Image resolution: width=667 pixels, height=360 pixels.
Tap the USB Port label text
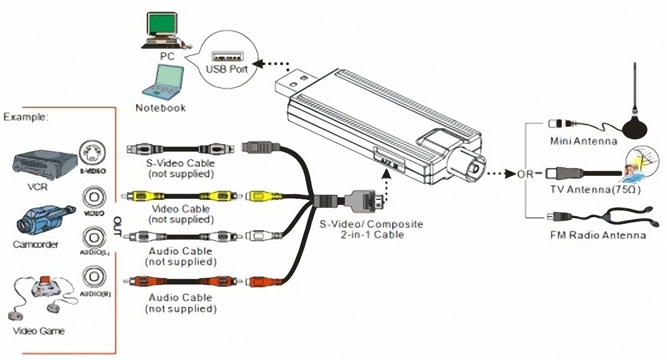[x=227, y=71]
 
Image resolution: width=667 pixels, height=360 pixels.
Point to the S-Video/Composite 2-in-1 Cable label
[x=371, y=229]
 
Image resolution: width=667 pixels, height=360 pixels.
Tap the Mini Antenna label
[x=583, y=141]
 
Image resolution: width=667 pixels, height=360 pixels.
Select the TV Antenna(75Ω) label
[x=595, y=190]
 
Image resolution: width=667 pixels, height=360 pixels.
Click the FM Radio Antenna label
[x=598, y=235]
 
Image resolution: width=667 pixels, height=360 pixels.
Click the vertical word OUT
[x=118, y=226]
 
